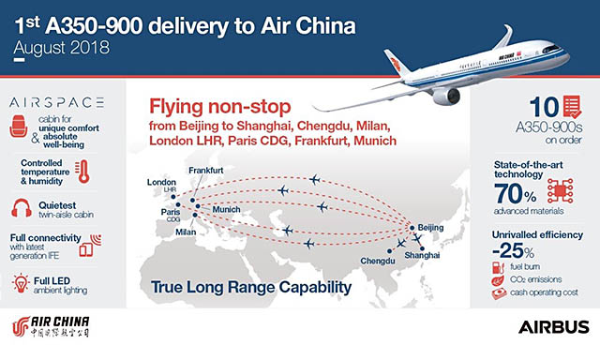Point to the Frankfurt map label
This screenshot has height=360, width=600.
coord(207,170)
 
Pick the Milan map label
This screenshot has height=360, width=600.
coord(187,231)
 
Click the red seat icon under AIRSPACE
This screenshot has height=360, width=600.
coord(18,126)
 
